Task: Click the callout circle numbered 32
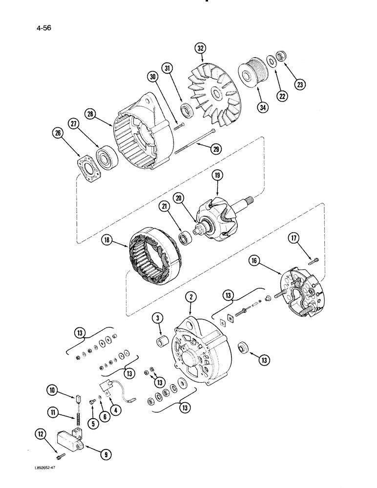201,48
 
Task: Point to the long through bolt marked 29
194,139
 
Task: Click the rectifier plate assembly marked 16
301,291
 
